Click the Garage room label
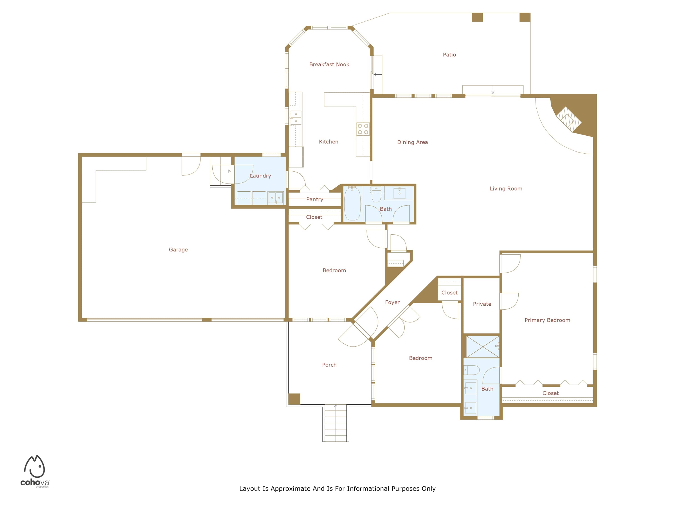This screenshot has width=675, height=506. (x=178, y=249)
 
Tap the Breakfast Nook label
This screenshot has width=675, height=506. (x=329, y=64)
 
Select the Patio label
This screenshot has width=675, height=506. (x=449, y=55)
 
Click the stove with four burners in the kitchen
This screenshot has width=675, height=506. (x=363, y=129)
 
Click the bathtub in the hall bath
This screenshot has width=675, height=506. (x=352, y=204)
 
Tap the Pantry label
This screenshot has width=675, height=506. (x=315, y=199)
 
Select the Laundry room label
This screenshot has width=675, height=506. (x=260, y=176)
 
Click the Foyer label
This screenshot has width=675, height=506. (x=392, y=302)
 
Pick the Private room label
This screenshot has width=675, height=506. (x=482, y=304)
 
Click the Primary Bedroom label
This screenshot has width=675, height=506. (x=547, y=320)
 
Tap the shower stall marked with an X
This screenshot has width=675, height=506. (x=482, y=347)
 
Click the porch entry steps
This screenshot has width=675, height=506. (x=336, y=423)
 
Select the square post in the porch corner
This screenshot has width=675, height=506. (x=294, y=399)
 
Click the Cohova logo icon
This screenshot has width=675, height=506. (x=34, y=466)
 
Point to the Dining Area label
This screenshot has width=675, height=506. (x=412, y=142)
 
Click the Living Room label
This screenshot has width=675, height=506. (x=506, y=188)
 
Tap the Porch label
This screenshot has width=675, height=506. (x=329, y=365)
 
